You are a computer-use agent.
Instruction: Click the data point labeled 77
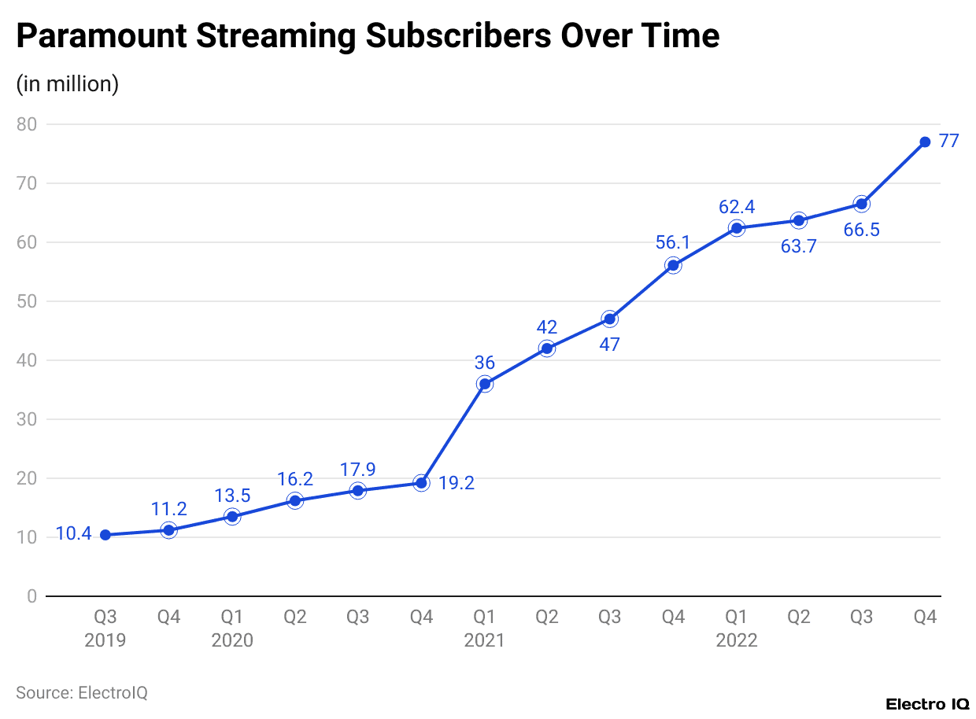(925, 142)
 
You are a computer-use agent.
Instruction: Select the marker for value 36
(484, 384)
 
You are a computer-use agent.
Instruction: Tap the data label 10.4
(74, 534)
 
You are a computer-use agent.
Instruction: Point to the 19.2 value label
(457, 483)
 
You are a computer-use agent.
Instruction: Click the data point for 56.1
(673, 265)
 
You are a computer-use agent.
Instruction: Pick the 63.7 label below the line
(799, 246)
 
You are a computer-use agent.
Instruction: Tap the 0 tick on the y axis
(31, 596)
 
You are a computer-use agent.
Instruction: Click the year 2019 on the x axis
(105, 640)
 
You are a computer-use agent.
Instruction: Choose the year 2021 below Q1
(484, 640)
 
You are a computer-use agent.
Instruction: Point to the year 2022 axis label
(736, 640)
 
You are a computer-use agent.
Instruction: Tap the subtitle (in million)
(68, 83)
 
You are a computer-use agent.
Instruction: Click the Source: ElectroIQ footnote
(82, 692)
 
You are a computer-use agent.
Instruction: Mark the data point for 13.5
(232, 517)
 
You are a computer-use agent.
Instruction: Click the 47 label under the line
(610, 345)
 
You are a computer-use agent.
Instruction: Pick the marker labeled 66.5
(862, 204)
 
